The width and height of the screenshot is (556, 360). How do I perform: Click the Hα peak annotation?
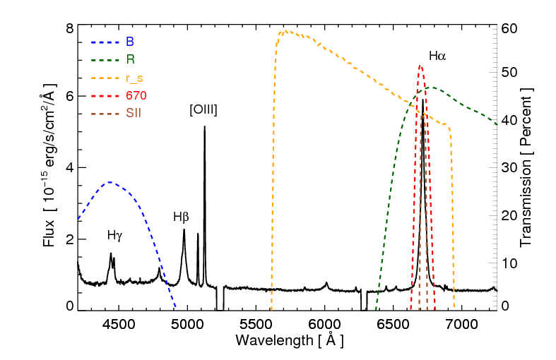[x=437, y=55]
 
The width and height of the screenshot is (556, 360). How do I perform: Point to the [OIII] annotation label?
[x=203, y=109]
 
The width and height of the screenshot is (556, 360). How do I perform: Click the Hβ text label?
[x=181, y=217]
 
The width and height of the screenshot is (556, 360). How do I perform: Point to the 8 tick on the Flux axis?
[x=70, y=29]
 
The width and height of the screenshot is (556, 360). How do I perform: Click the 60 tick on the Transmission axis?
[x=509, y=29]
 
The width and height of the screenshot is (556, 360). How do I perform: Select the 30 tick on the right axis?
[x=509, y=168]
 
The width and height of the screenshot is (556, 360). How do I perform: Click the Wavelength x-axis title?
[x=290, y=341]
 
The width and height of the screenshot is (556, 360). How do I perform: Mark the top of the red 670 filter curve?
[x=420, y=66]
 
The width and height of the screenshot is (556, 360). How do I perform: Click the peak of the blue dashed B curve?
[x=108, y=182]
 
